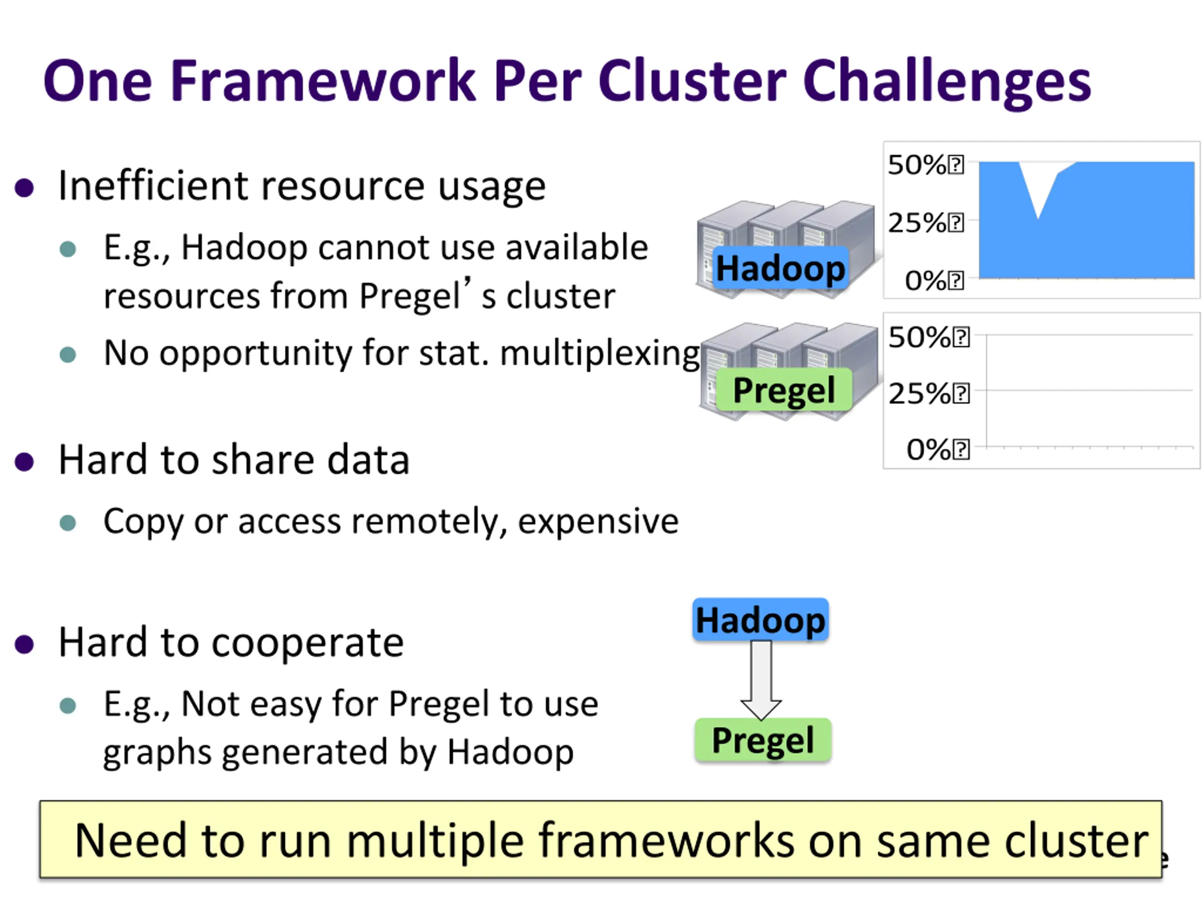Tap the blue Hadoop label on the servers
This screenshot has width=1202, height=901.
click(x=780, y=268)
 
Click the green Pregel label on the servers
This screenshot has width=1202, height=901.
click(x=784, y=390)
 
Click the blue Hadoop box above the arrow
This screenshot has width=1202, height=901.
click(x=760, y=620)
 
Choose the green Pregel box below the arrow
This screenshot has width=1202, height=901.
click(x=763, y=740)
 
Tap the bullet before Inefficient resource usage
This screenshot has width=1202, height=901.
click(x=24, y=188)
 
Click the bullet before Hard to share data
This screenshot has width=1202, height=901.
click(x=24, y=462)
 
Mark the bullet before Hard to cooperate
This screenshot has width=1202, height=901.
click(x=24, y=645)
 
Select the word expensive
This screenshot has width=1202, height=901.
click(x=598, y=521)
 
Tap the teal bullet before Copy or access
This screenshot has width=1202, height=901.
click(x=68, y=523)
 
